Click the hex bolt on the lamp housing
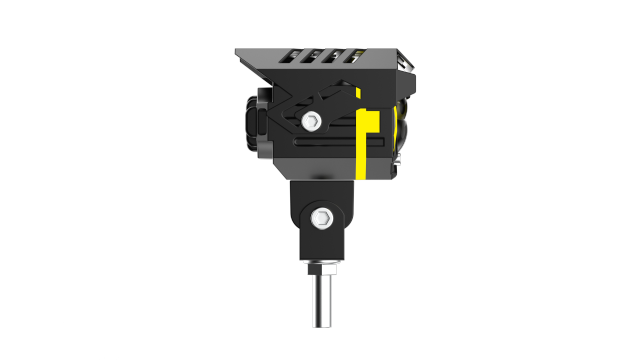310,122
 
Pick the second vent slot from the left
314,56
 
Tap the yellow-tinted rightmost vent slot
355,56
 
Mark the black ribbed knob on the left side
249,122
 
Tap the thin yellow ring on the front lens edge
401,130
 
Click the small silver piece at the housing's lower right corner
397,160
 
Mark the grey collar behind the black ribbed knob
264,122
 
